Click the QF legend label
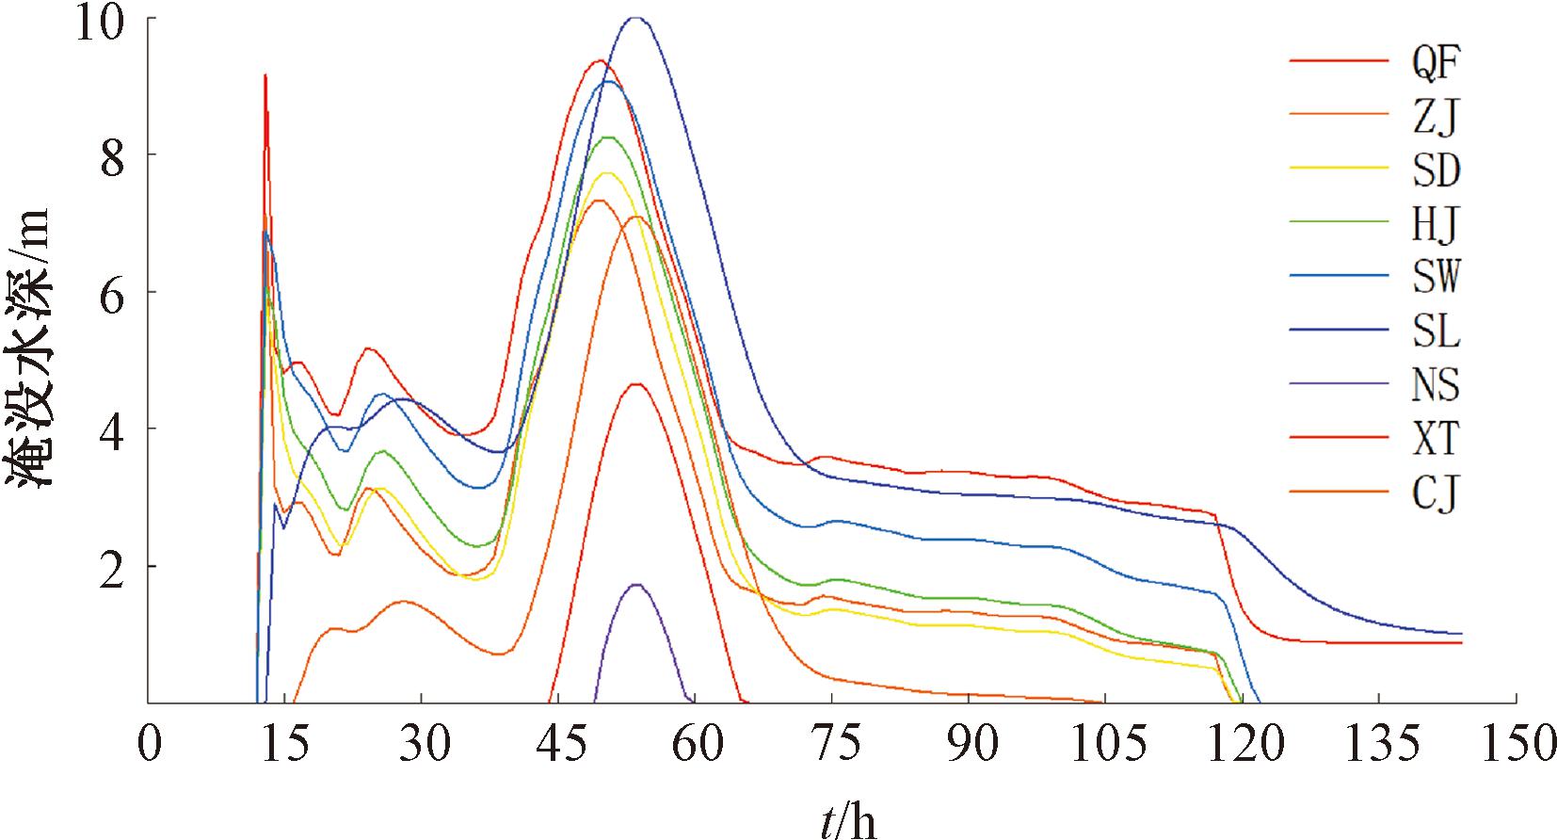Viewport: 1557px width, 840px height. point(1435,63)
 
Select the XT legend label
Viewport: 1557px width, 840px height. point(1435,439)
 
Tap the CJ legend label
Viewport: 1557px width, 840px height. point(1435,493)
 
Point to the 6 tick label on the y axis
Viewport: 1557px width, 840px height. point(111,293)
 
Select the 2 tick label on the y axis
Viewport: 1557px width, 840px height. point(111,567)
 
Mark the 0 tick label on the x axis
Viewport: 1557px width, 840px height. point(149,746)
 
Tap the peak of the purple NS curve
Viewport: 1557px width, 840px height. point(637,585)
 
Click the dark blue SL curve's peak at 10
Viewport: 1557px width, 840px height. point(636,18)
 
